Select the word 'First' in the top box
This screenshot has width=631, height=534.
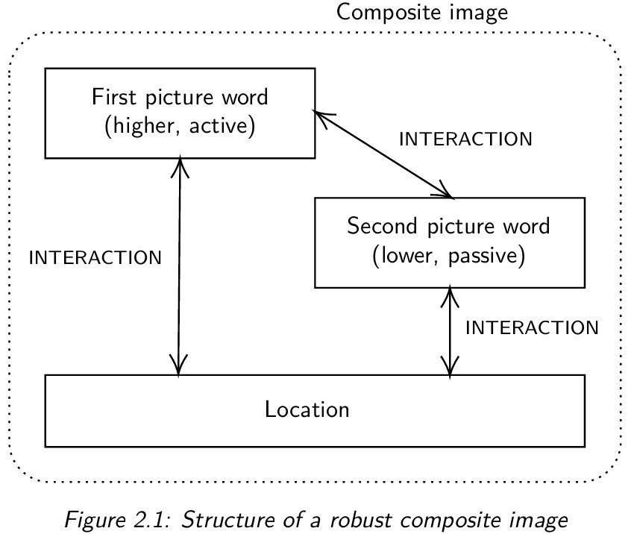[x=109, y=97]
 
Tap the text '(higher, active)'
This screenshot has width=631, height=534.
[x=180, y=125]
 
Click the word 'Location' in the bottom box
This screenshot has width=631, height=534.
[x=307, y=409]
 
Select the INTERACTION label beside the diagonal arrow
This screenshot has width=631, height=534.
[x=466, y=139]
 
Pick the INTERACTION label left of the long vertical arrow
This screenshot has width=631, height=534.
[x=95, y=258]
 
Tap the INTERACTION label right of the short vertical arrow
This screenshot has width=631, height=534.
[x=532, y=328]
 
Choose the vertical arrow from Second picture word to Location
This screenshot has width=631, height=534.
[x=449, y=332]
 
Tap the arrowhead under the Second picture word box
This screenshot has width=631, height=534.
[x=449, y=294]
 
